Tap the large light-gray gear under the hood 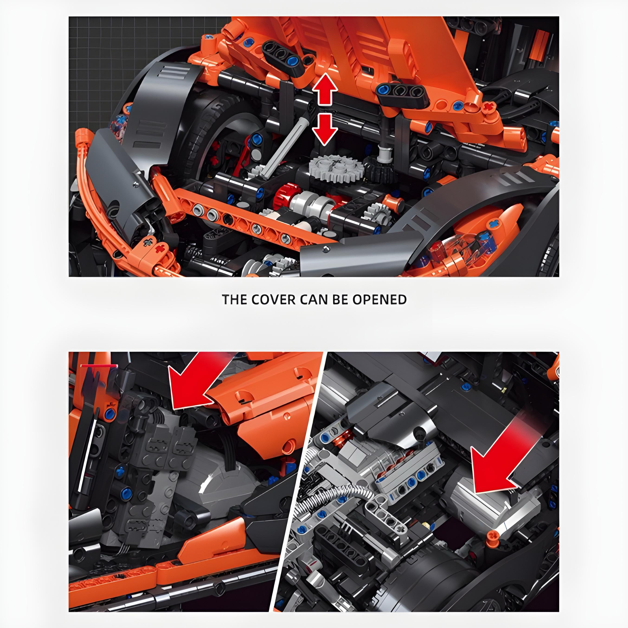click(x=336, y=167)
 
